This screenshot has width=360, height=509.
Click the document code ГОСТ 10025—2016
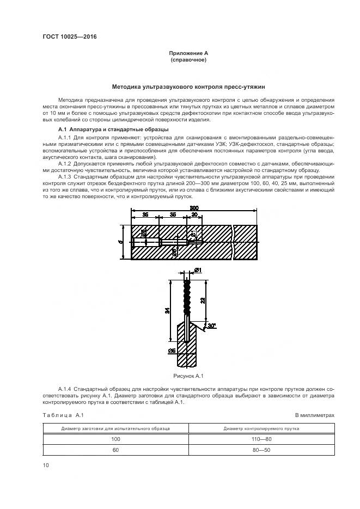(x=66, y=37)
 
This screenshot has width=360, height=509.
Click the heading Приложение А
(x=188, y=53)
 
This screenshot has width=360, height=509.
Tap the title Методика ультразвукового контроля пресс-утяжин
(x=188, y=87)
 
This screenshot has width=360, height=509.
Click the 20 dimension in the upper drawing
(x=194, y=215)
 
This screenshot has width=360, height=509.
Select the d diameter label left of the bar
(x=120, y=241)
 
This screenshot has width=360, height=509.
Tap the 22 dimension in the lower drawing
(x=203, y=300)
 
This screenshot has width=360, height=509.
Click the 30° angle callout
(x=211, y=326)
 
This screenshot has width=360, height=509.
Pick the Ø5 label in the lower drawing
(x=172, y=349)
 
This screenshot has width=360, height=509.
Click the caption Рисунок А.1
(x=188, y=376)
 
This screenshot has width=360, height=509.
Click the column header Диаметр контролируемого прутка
(x=261, y=428)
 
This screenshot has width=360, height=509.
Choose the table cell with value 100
(x=115, y=439)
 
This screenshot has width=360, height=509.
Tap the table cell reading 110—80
(x=261, y=439)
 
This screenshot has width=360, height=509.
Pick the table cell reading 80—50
(x=261, y=450)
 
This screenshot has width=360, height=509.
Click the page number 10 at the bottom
(x=46, y=465)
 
